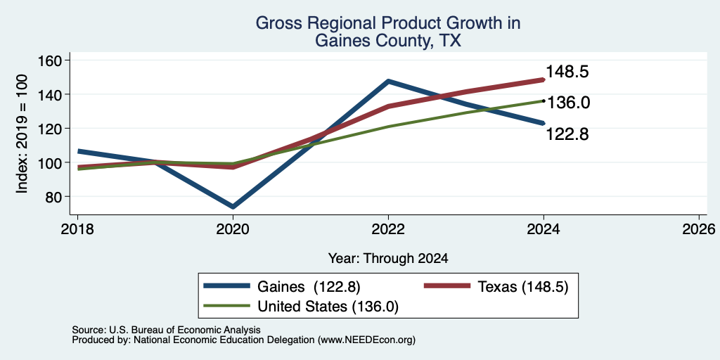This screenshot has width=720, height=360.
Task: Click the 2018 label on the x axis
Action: tap(77, 229)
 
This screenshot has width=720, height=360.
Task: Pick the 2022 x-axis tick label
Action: tap(388, 229)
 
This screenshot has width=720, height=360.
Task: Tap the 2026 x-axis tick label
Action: tap(699, 229)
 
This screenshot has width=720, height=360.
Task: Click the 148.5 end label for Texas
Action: tap(567, 72)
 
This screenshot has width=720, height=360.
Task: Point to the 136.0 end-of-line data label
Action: tap(568, 103)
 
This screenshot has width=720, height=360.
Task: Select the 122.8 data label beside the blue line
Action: tap(567, 134)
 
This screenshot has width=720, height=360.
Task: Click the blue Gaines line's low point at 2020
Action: tap(233, 207)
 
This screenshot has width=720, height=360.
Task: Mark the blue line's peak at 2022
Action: tap(388, 82)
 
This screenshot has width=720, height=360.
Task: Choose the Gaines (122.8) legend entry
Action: tap(282, 287)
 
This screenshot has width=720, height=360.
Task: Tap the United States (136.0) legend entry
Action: tap(301, 306)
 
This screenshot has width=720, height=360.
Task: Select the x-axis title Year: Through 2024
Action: tap(388, 259)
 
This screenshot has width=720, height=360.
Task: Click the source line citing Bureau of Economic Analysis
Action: tap(166, 330)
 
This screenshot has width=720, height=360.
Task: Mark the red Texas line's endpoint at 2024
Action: tap(544, 79)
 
